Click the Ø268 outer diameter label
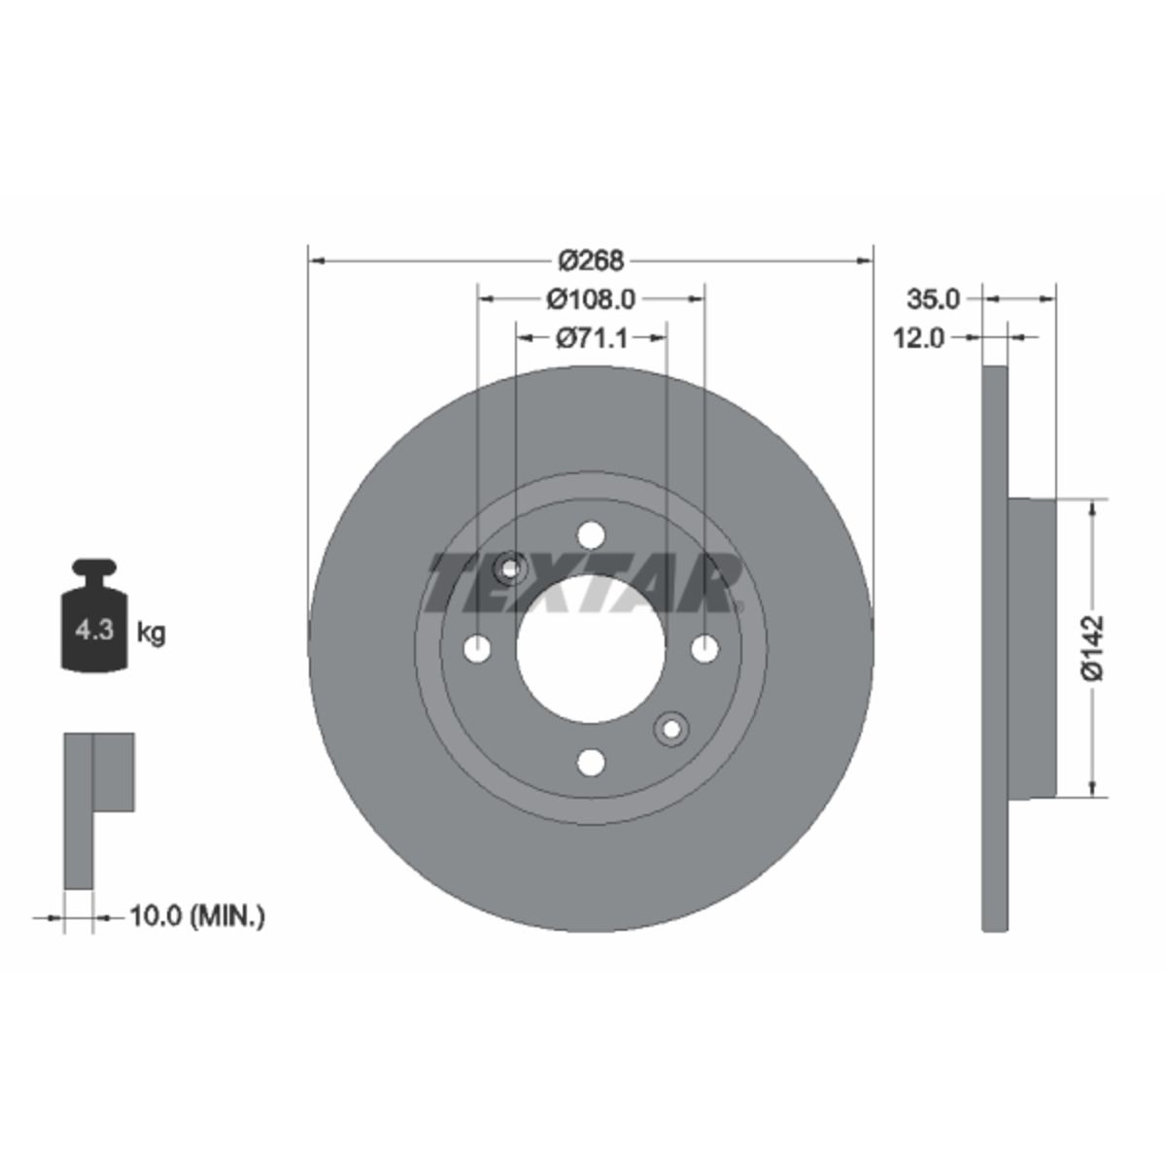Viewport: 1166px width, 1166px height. (591, 260)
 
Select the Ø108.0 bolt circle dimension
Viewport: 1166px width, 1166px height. (591, 299)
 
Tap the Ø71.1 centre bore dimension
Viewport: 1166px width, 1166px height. (592, 337)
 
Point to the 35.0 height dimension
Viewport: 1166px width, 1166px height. (933, 299)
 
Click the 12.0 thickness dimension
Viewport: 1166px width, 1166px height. (918, 338)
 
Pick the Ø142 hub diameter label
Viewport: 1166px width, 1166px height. (1093, 648)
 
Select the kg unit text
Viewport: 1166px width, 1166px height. (151, 634)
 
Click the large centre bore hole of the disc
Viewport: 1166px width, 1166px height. (591, 649)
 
